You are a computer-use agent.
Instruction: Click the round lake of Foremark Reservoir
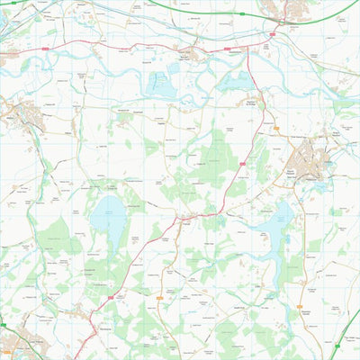tap(108, 216)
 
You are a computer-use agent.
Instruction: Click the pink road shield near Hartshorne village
tap(111, 294)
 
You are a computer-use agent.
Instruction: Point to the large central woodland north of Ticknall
tap(211, 162)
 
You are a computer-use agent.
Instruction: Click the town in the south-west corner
tap(13, 342)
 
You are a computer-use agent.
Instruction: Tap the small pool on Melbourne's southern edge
tap(317, 187)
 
